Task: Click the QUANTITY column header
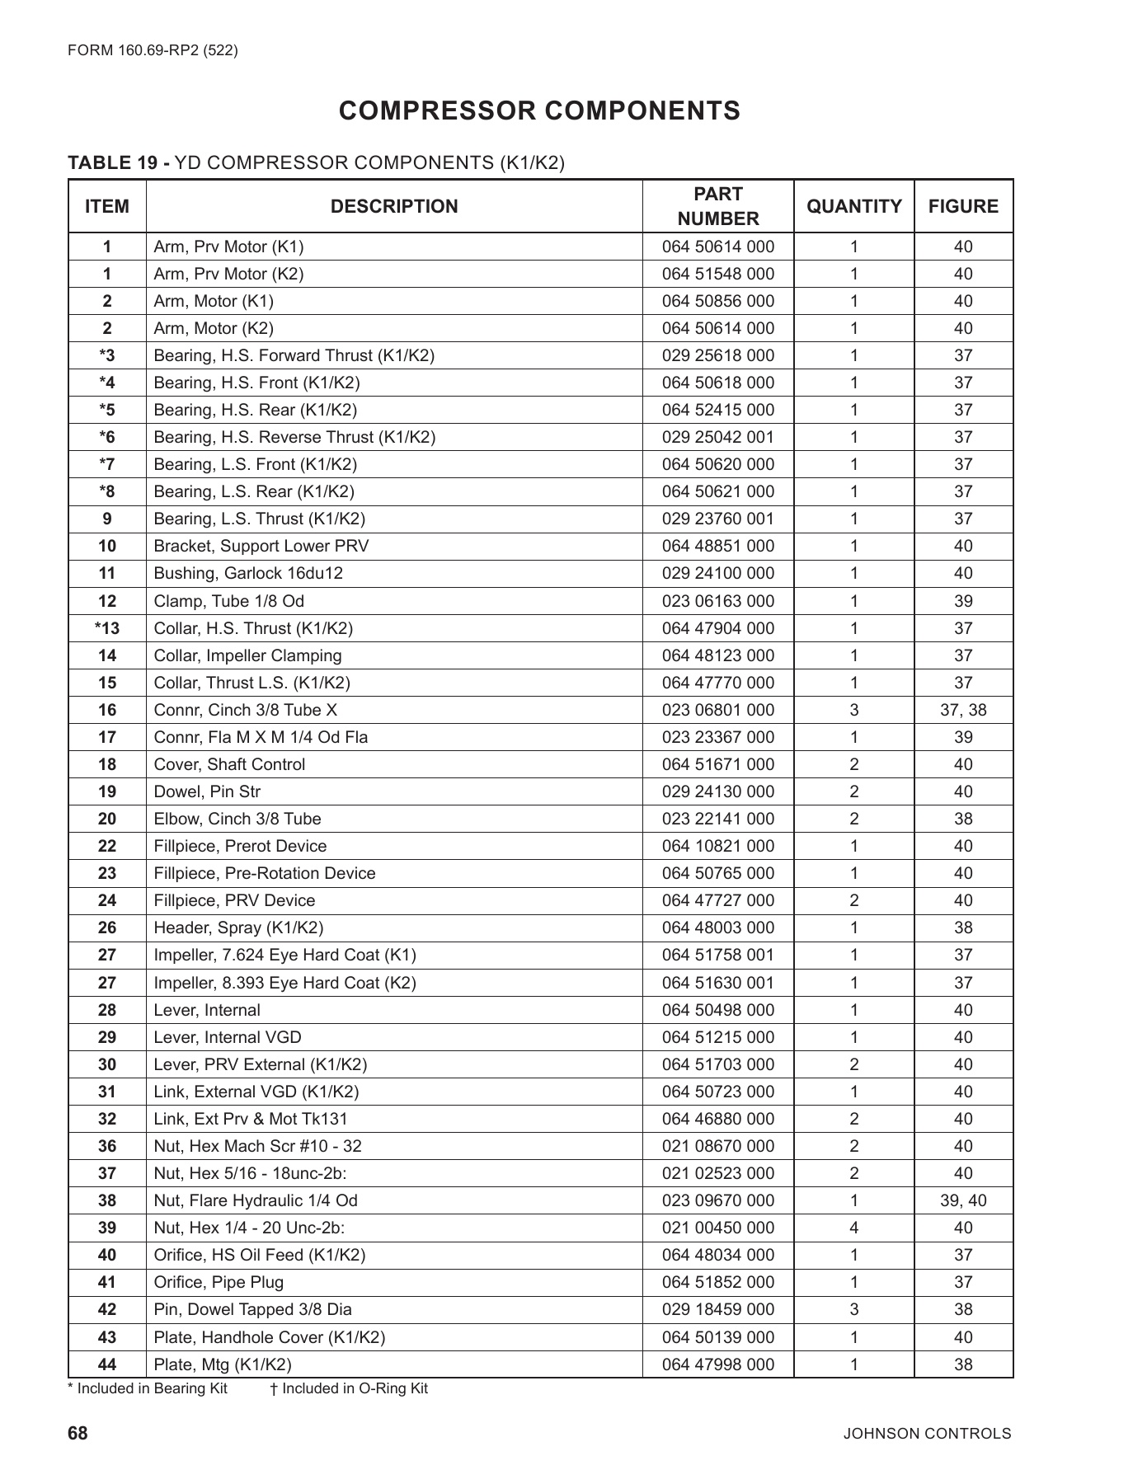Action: click(853, 206)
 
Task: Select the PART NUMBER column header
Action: click(717, 206)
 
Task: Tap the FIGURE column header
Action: click(962, 206)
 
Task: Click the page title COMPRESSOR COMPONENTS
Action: click(539, 110)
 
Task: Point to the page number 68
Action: click(78, 1434)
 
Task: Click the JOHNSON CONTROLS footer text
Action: click(926, 1434)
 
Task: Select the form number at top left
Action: click(153, 50)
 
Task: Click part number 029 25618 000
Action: click(717, 355)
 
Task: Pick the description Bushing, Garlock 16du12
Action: click(248, 573)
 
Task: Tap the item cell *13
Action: click(107, 628)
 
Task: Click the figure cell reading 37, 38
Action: click(962, 710)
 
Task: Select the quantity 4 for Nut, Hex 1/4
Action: click(853, 1228)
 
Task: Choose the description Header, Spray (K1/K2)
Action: click(238, 927)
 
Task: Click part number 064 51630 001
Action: click(717, 983)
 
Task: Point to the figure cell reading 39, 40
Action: click(962, 1200)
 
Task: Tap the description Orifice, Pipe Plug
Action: click(219, 1282)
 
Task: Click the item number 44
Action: click(107, 1364)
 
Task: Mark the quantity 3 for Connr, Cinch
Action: click(853, 710)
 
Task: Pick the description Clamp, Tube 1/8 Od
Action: click(228, 601)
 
